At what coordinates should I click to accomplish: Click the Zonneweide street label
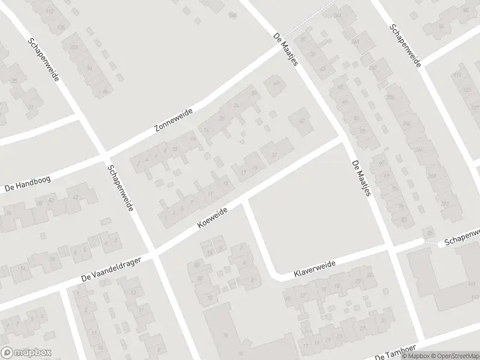coord(171,121)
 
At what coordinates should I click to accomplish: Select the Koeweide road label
coord(212,218)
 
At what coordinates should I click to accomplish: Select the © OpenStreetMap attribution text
coord(458,355)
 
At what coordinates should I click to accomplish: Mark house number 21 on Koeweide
coord(275,155)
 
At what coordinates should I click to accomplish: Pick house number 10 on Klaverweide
coord(288,297)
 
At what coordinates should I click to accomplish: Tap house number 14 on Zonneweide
coord(193,139)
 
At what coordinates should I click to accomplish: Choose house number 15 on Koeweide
coord(225,183)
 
